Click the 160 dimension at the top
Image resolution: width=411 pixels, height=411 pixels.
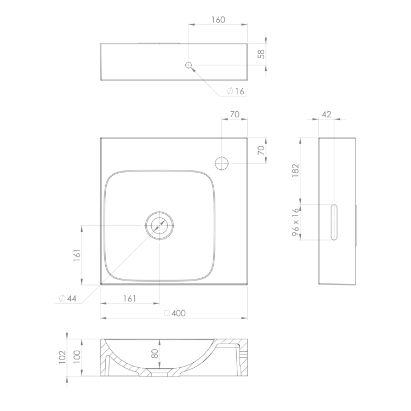[218, 20]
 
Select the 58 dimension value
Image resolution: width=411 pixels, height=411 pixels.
[261, 54]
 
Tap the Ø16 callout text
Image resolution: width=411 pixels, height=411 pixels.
[236, 91]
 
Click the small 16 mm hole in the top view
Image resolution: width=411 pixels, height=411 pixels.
[189, 65]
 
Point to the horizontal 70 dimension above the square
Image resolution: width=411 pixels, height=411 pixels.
[235, 115]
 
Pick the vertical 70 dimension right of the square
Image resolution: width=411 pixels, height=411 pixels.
[261, 150]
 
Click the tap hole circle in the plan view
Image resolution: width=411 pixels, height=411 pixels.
[222, 163]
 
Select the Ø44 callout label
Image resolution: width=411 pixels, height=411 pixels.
[67, 298]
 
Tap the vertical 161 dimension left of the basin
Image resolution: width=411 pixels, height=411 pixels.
[77, 255]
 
